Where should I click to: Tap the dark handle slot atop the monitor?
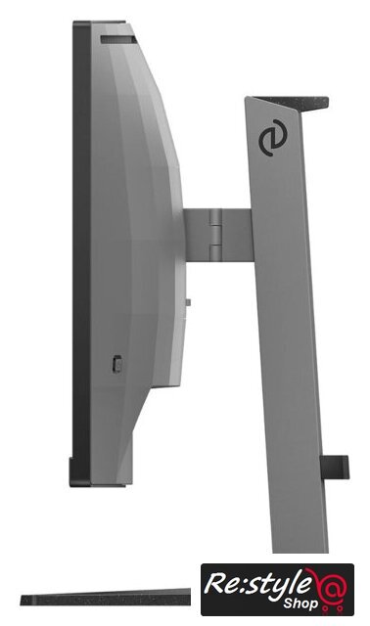click(118, 39)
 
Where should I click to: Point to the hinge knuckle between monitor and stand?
click(215, 235)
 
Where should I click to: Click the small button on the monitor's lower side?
click(116, 364)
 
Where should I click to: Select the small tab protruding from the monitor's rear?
click(188, 302)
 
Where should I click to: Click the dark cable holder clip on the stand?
click(335, 467)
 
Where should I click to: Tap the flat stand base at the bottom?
click(106, 598)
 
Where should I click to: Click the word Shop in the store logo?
click(301, 603)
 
